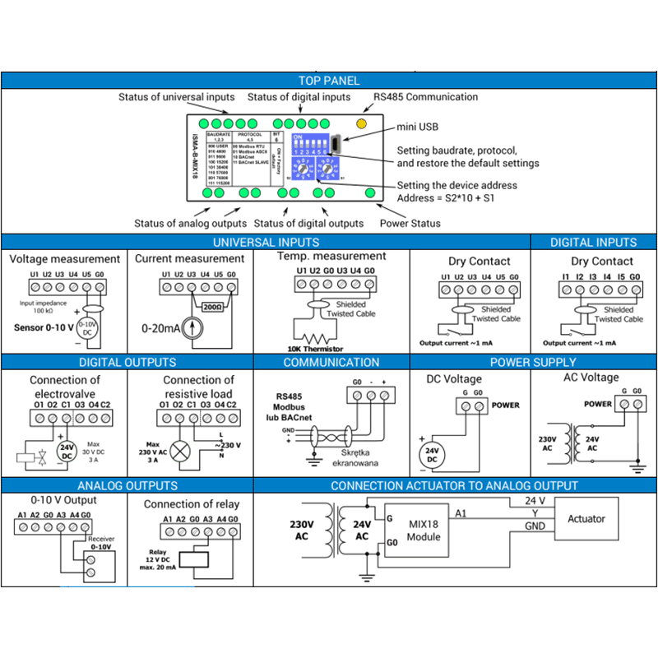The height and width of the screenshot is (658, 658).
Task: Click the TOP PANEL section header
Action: [x=329, y=81]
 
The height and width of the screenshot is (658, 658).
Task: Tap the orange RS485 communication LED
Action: [x=361, y=123]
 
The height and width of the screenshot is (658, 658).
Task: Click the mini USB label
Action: [x=418, y=127]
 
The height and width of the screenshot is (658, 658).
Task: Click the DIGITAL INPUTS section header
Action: [x=593, y=243]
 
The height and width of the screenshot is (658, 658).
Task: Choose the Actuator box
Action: [x=586, y=519]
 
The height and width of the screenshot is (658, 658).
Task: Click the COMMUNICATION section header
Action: [x=331, y=362]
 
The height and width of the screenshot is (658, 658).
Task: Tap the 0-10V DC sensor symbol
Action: [x=92, y=329]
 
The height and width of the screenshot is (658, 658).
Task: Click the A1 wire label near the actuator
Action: [x=461, y=513]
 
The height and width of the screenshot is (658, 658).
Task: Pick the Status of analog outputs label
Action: [x=190, y=223]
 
